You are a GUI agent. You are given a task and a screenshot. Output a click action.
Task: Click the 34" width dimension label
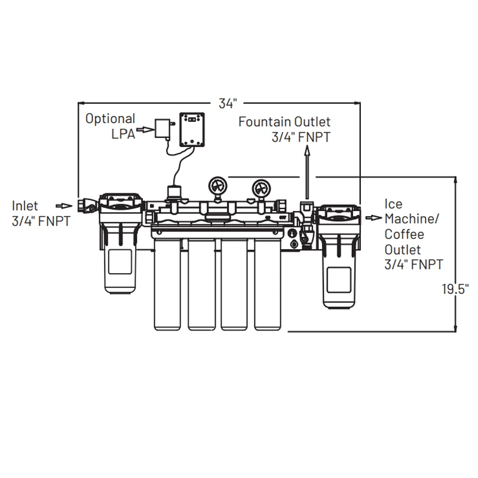click(x=226, y=103)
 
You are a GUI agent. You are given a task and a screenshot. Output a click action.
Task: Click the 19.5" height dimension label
click(x=455, y=290)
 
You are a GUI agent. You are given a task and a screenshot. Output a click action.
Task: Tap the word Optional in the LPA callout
click(x=110, y=118)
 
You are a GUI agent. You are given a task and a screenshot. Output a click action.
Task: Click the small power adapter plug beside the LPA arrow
click(x=161, y=128)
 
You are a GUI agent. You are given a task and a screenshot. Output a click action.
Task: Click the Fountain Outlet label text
click(x=284, y=122)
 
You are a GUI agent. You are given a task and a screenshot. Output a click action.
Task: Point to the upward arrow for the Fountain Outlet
click(x=307, y=173)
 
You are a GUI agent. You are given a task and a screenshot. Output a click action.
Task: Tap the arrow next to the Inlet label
click(x=63, y=206)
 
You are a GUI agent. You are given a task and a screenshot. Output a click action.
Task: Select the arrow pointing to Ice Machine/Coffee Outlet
click(x=373, y=217)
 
